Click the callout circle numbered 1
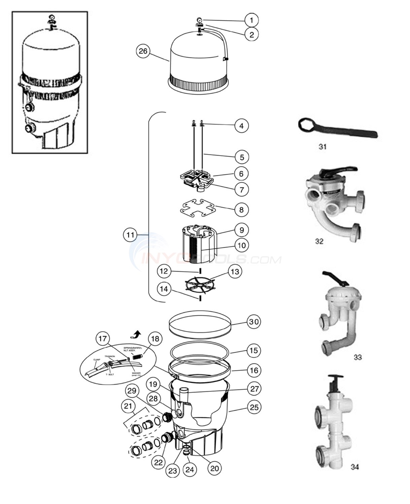251,20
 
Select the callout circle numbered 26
143,51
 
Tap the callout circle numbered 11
130,235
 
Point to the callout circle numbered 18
155,339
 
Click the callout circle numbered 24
190,469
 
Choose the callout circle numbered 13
235,272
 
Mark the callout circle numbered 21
128,406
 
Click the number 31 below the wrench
322,147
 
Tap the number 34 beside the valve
354,467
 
